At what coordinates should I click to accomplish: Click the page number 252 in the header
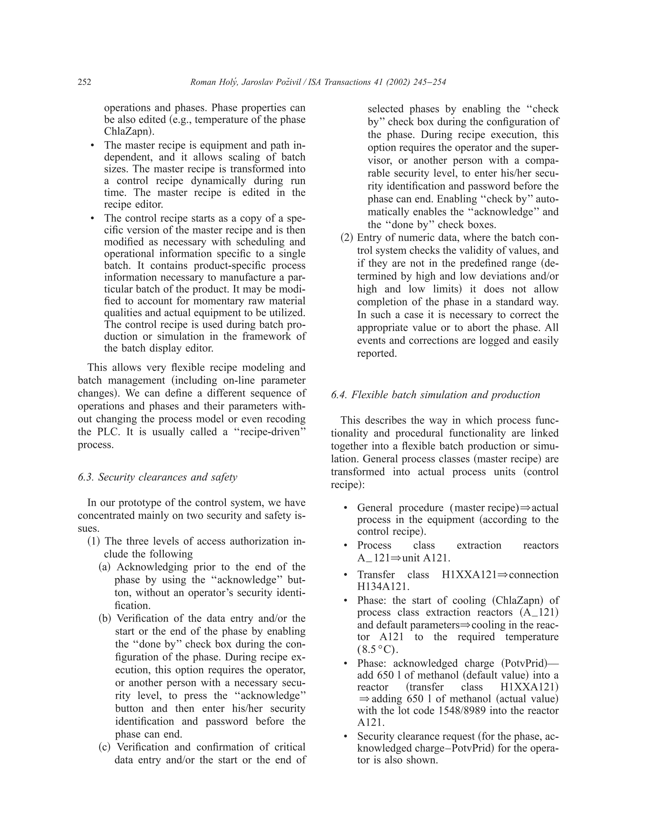point(84,82)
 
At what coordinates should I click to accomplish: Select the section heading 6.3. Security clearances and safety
point(158,477)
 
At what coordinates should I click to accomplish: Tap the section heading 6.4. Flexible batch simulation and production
point(435,395)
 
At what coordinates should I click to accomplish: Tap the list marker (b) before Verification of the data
point(106,618)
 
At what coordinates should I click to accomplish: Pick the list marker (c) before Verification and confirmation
point(106,747)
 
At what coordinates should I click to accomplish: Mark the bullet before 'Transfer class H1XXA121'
point(346,575)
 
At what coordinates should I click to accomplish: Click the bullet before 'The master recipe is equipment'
point(92,146)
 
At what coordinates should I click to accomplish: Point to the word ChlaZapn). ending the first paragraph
point(129,131)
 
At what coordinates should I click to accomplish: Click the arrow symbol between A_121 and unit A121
point(397,557)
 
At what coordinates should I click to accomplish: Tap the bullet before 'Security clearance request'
point(346,737)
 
